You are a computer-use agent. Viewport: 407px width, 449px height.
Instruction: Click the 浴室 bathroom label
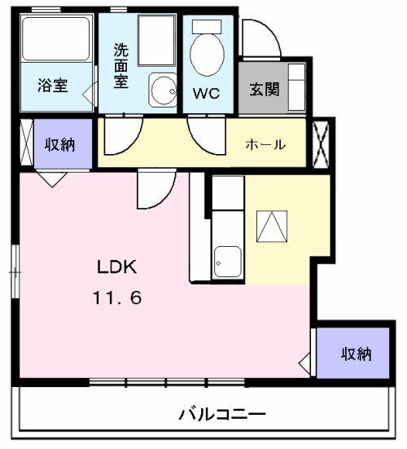53,86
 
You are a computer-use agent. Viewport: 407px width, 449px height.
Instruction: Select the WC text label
206,92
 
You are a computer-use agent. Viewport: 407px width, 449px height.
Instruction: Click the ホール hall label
265,145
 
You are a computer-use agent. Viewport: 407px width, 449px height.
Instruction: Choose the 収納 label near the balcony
356,354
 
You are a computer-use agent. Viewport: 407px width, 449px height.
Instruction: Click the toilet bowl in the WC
207,52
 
